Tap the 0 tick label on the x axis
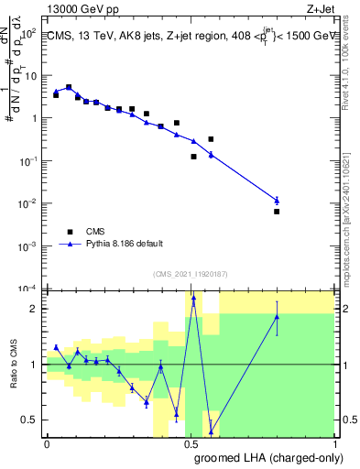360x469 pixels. pyautogui.click(x=47, y=443)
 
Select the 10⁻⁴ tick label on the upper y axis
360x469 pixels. pyautogui.click(x=27, y=289)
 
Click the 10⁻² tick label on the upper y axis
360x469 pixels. pyautogui.click(x=27, y=203)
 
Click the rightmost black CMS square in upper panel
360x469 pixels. pyautogui.click(x=277, y=212)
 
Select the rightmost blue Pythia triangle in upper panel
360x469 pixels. pyautogui.click(x=277, y=200)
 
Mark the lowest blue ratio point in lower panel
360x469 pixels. pyautogui.click(x=211, y=431)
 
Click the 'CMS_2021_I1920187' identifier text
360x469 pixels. pyautogui.click(x=191, y=272)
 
